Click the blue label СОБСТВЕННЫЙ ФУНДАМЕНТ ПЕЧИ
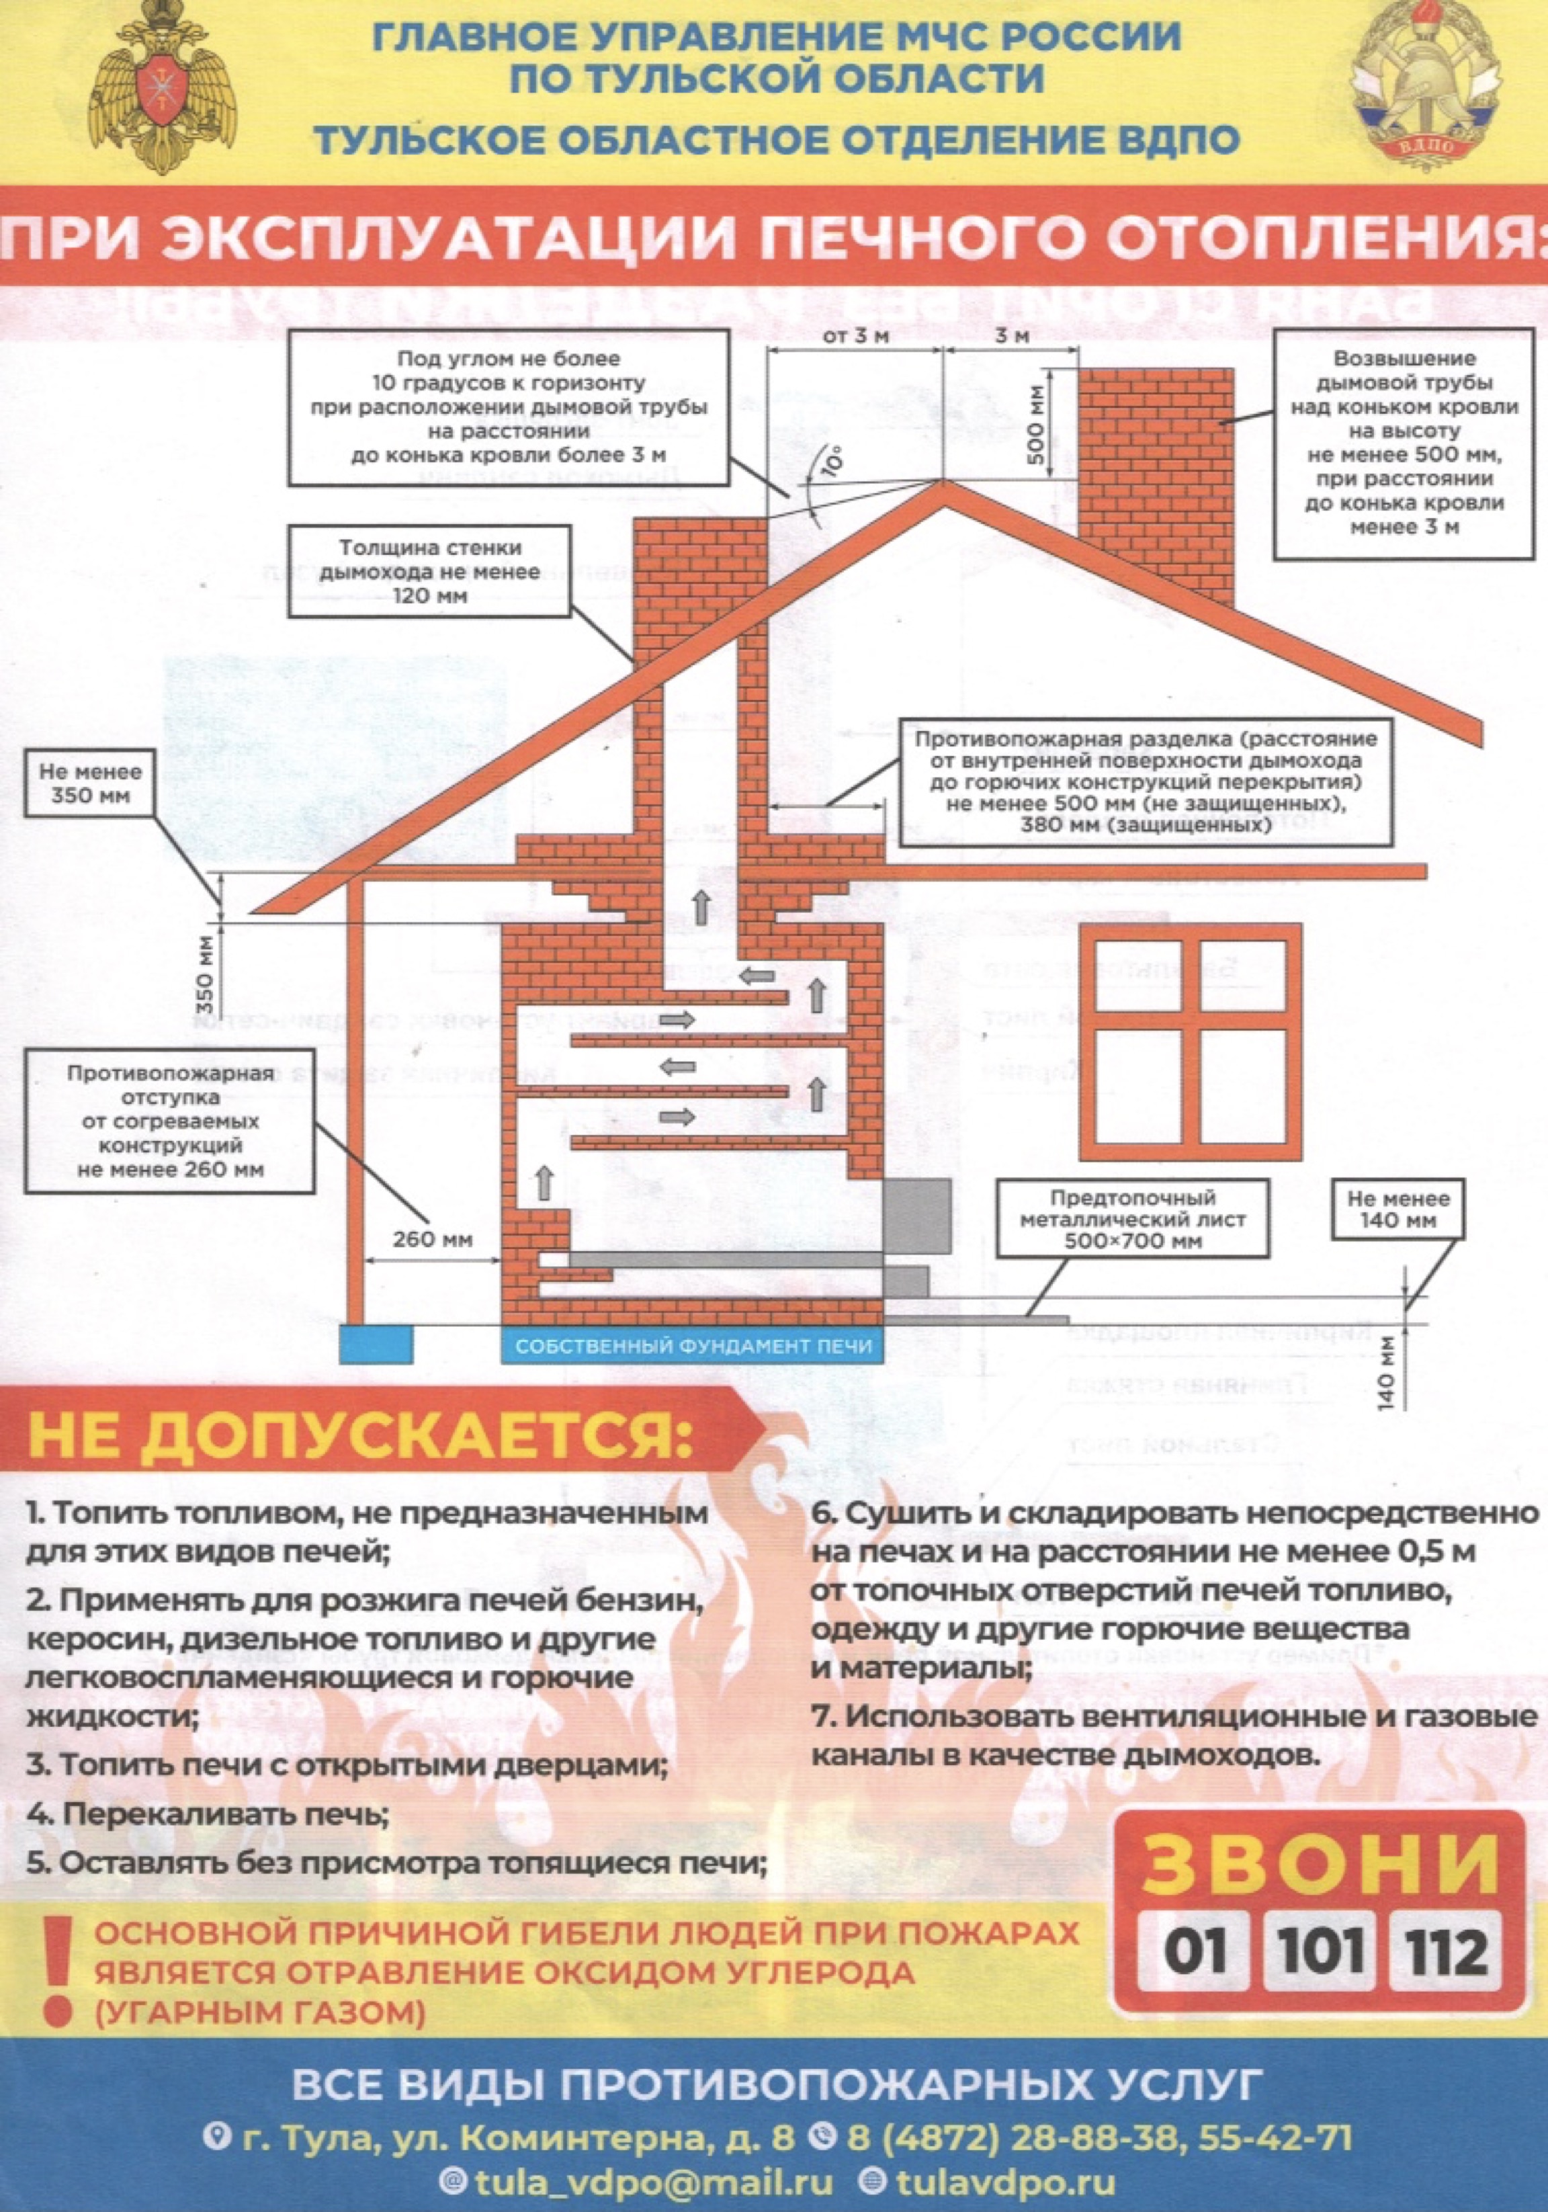tap(693, 1345)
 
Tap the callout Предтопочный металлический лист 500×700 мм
tap(1133, 1220)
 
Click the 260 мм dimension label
tap(433, 1239)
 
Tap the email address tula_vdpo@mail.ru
tap(636, 2181)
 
